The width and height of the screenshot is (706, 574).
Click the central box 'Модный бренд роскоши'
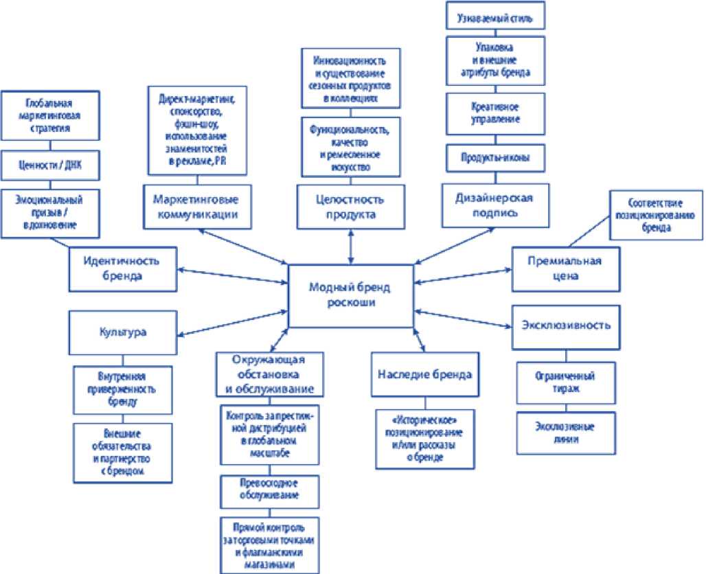[352, 295]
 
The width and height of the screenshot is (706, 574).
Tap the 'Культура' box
[122, 332]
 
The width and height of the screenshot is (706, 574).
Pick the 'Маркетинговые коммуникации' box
[196, 207]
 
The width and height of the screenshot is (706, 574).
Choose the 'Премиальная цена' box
[565, 268]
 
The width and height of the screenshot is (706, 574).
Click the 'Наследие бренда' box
[424, 374]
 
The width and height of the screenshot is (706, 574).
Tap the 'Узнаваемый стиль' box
[494, 15]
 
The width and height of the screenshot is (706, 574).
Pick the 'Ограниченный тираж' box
[565, 382]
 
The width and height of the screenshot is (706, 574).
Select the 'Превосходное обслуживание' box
[269, 490]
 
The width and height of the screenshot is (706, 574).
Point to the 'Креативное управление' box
[494, 113]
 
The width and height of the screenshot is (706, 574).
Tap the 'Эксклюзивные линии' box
[565, 432]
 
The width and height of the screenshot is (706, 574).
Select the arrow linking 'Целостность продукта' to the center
[352, 245]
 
